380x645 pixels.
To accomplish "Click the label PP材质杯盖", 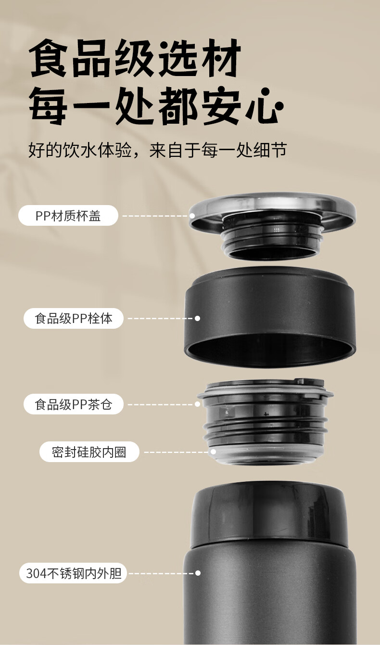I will (68, 216).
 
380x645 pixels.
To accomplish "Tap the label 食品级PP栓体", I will (73, 318).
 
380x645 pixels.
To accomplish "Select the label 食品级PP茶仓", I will (73, 404).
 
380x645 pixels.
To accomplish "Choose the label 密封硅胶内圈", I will (89, 452).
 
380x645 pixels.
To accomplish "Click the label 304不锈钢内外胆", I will (73, 573).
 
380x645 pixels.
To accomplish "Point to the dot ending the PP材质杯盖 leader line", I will (192, 216).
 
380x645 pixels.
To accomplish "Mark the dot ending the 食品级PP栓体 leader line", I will (197, 318).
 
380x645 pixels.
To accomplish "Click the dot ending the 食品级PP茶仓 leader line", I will (197, 404).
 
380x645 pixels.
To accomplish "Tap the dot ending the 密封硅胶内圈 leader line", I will (213, 452).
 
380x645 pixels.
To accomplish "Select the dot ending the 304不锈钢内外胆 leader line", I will (197, 573).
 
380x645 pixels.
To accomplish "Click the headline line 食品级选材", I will (135, 59).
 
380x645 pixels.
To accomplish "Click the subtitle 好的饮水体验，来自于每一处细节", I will (157, 150).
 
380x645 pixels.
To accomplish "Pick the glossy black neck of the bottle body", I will (269, 515).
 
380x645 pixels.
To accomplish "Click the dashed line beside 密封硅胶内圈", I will (177, 452).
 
